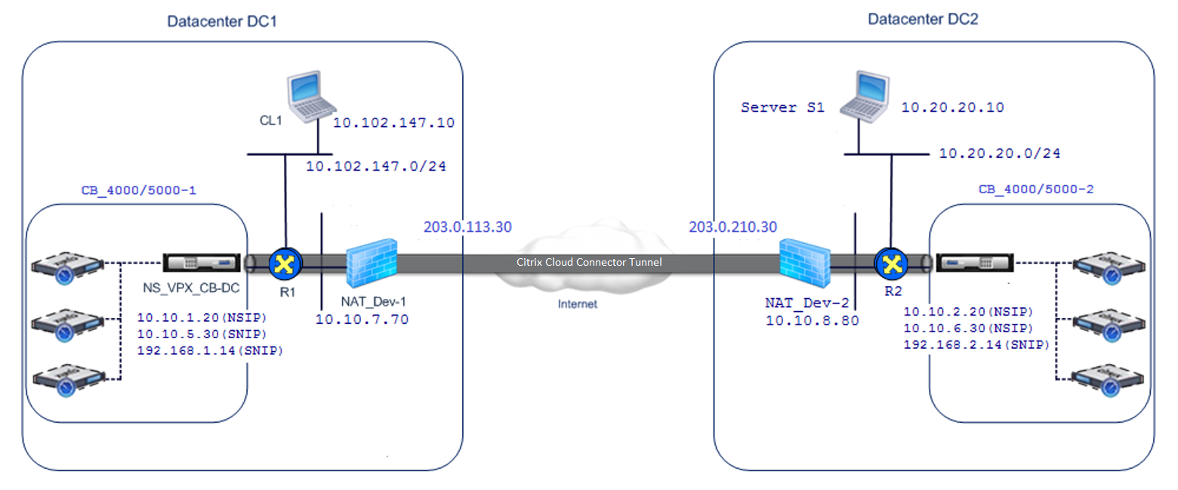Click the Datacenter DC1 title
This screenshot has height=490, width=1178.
pos(222,22)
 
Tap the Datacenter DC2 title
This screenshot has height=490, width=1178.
pos(923,20)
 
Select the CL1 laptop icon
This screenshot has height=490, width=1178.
pos(311,97)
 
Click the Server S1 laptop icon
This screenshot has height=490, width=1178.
pos(865,97)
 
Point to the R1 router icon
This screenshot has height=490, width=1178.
pos(285,264)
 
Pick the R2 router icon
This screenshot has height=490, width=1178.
pos(891,264)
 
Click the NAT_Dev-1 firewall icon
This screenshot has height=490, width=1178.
pos(372,262)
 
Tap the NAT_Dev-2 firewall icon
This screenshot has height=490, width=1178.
pos(805,262)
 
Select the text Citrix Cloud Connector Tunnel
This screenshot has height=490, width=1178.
pos(589,262)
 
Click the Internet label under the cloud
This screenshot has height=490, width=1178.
pos(578,304)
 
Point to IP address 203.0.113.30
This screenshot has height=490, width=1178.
pos(467,227)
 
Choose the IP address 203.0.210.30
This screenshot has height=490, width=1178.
pos(733,227)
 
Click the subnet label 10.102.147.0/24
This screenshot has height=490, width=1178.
pos(376,167)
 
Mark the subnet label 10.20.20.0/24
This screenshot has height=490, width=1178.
pos(1000,153)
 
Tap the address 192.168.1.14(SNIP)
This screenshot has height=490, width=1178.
pos(210,350)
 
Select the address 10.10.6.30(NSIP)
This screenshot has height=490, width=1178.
pos(968,328)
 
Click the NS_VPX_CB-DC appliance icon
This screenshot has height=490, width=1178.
pos(202,262)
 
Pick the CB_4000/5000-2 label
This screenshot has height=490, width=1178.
pos(1035,190)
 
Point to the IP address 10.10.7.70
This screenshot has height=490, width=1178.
pos(362,319)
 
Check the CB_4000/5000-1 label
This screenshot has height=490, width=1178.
pos(139,191)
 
